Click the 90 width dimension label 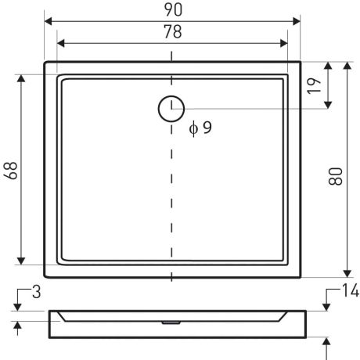tap(173, 10)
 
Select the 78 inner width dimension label tap(173, 31)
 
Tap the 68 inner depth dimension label tap(10, 171)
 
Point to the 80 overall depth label tap(335, 177)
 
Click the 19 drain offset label tap(314, 85)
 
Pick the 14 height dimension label tap(351, 290)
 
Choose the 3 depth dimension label tap(37, 292)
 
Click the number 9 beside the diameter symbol tap(207, 128)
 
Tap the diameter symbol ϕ tap(193, 128)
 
